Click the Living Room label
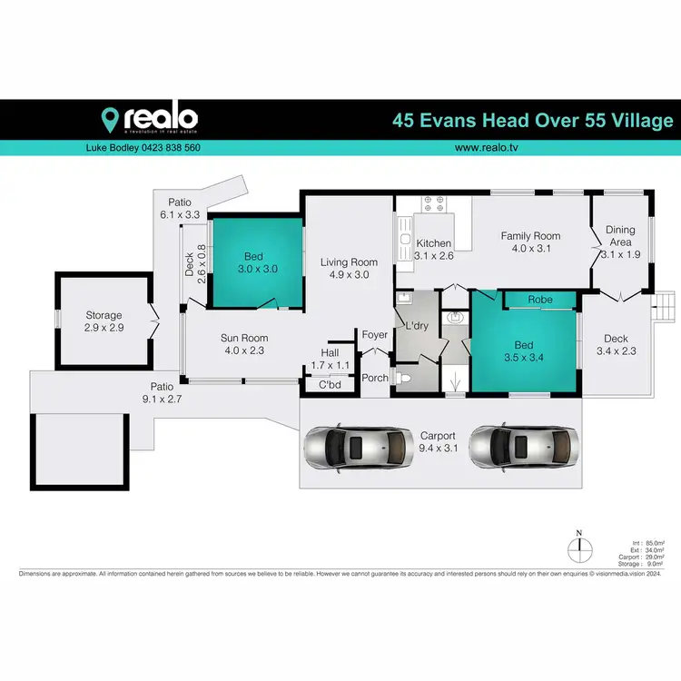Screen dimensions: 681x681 (349, 262)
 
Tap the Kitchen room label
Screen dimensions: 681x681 (433, 243)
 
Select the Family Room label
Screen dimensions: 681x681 (530, 236)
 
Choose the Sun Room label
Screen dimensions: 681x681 (244, 338)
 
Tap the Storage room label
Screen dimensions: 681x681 (104, 315)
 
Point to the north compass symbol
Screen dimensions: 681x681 (577, 548)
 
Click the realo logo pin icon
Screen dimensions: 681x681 (111, 119)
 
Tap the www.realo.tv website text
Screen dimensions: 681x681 (486, 147)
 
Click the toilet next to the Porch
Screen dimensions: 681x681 (408, 378)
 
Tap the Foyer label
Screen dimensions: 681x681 (374, 335)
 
